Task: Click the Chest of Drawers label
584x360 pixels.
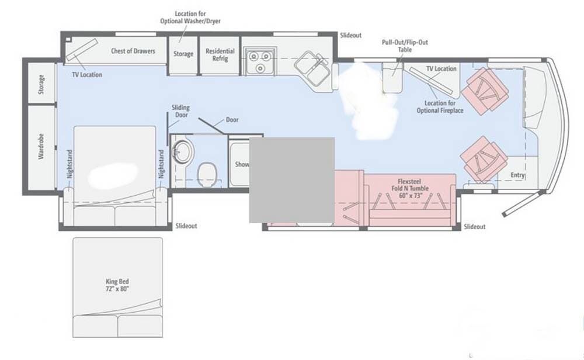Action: click(x=133, y=51)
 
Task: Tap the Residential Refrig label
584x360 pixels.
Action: click(x=220, y=55)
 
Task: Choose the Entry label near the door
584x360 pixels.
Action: click(x=517, y=175)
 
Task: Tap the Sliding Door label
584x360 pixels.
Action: click(x=180, y=111)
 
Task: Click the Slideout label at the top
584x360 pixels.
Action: click(x=350, y=36)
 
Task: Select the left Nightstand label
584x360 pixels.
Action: click(x=69, y=165)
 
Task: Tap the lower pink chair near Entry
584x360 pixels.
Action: click(x=482, y=158)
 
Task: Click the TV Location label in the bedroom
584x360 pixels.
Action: click(x=87, y=75)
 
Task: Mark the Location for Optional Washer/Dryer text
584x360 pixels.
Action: click(x=190, y=17)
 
